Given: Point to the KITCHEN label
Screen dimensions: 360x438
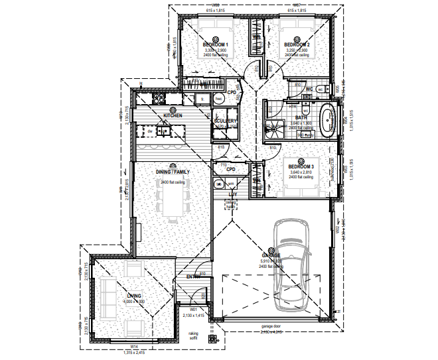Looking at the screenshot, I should pyautogui.click(x=173, y=116).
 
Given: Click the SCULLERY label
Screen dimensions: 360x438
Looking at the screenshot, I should pyautogui.click(x=225, y=121).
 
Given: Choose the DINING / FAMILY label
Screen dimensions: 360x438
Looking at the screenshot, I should pyautogui.click(x=173, y=172).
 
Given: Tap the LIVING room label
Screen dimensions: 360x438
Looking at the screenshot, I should pyautogui.click(x=134, y=296).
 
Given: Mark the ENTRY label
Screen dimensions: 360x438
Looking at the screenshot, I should pyautogui.click(x=193, y=276).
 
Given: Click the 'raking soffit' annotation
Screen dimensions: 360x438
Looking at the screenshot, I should pyautogui.click(x=193, y=335).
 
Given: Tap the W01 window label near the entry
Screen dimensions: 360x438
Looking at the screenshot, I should pyautogui.click(x=194, y=310).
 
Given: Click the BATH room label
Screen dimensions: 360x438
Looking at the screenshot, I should pyautogui.click(x=301, y=118).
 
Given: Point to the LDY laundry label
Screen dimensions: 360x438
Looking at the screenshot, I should pyautogui.click(x=232, y=194).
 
